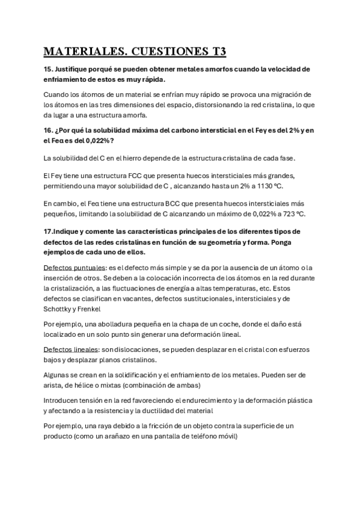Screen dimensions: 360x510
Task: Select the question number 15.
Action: [50, 69]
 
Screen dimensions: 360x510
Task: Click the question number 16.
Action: [50, 130]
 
